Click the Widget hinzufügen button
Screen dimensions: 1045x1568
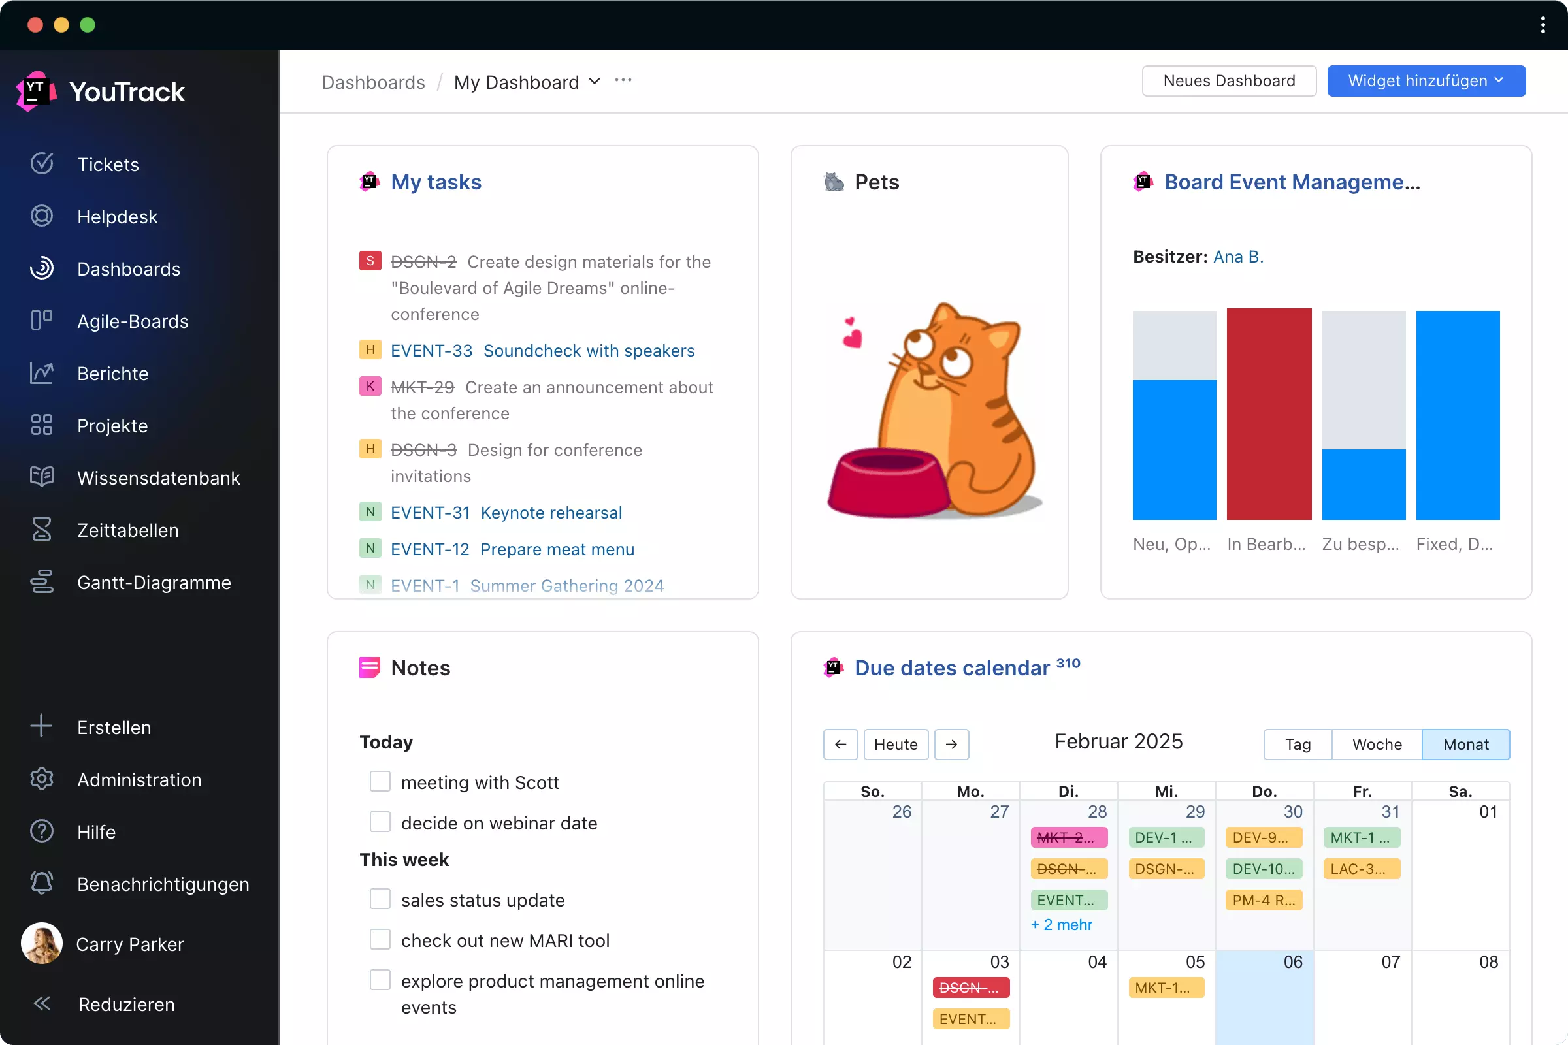tap(1426, 80)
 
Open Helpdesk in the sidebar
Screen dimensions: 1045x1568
tap(118, 217)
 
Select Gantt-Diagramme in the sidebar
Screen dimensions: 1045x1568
tap(154, 583)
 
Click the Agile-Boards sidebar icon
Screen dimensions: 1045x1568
tap(41, 321)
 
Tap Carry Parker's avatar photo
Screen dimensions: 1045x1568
tap(41, 943)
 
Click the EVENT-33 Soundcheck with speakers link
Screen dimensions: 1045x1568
tap(542, 351)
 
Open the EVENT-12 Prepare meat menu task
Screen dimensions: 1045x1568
tap(512, 549)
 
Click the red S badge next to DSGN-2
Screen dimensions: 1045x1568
tap(370, 261)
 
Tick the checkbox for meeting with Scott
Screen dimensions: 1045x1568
tap(380, 781)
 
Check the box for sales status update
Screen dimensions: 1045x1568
tap(380, 899)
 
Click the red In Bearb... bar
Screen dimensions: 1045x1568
tap(1269, 413)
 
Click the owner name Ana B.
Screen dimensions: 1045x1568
tap(1238, 257)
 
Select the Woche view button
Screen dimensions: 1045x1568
tap(1377, 744)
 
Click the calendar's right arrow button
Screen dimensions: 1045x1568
tap(951, 744)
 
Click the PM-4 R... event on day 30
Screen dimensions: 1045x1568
tap(1264, 900)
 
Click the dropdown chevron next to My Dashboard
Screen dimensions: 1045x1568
tap(595, 81)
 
